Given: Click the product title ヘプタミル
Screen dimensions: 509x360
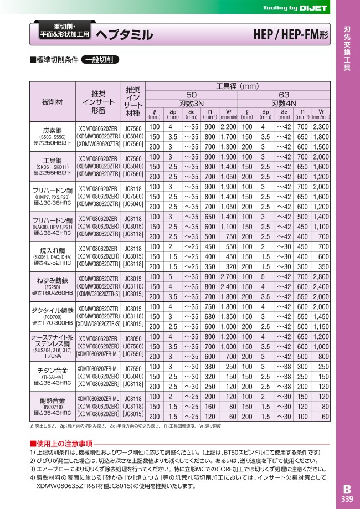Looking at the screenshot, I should [125, 35].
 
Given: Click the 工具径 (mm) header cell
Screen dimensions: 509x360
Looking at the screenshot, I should [237, 86].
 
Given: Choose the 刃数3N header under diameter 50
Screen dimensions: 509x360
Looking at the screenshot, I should [191, 103].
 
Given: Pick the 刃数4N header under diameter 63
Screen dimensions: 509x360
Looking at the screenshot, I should [284, 103].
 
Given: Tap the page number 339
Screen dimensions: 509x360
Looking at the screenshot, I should [346, 500].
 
